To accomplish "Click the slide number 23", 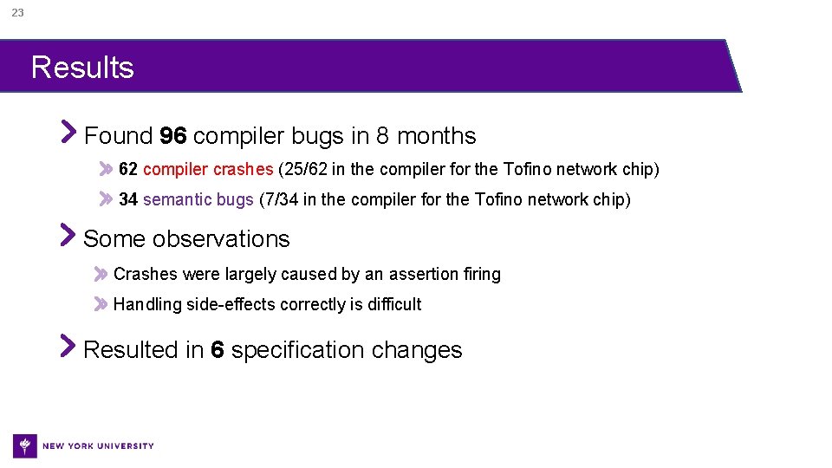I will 17,13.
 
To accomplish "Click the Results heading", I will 82,68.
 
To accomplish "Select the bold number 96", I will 173,136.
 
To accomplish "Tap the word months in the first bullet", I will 437,136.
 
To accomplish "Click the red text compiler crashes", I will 208,169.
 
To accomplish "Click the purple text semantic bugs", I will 198,200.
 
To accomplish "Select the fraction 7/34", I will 283,200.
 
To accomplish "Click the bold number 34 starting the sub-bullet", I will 128,200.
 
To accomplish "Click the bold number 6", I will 218,350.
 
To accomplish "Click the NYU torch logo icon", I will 25,445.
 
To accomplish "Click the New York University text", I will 98,446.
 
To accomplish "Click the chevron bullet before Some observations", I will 68,235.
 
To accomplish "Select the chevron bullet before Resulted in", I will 68,346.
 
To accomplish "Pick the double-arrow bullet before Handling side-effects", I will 102,304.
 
